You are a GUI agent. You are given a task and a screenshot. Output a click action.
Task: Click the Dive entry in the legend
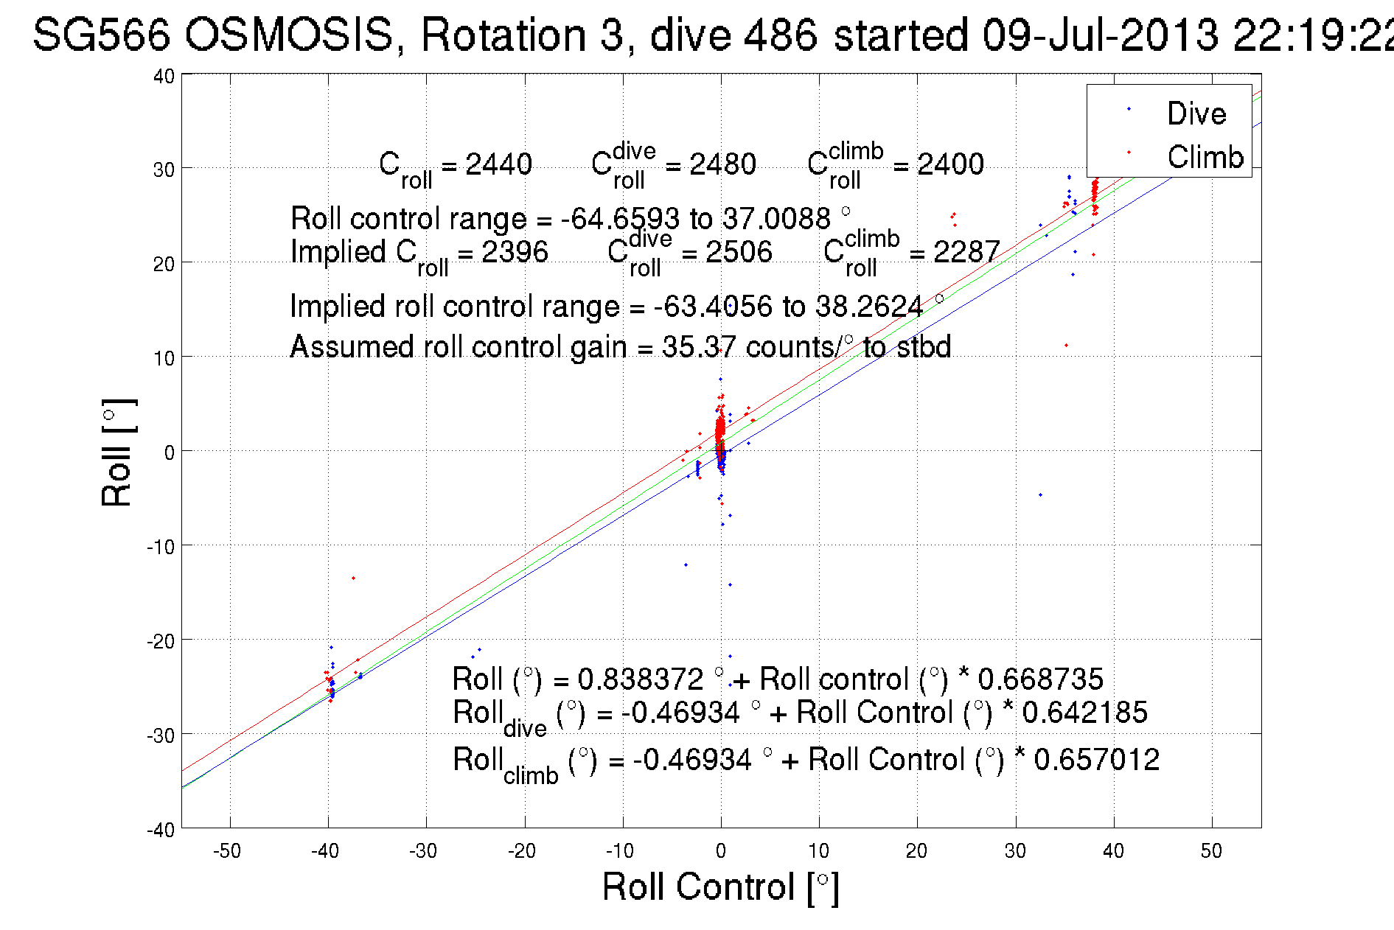click(1196, 113)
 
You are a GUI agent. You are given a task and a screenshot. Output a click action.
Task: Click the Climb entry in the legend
click(1205, 157)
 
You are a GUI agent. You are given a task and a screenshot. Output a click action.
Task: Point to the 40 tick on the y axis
click(164, 76)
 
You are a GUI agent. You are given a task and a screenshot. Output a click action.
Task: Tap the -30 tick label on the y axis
click(160, 735)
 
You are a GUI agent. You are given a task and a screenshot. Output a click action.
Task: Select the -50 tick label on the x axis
click(226, 851)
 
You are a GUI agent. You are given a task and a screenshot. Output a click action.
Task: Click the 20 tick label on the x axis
click(916, 851)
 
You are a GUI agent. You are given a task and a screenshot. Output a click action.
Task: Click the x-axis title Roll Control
click(719, 887)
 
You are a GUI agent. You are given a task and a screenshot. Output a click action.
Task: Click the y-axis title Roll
click(117, 453)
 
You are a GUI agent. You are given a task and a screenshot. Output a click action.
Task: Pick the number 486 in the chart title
click(780, 35)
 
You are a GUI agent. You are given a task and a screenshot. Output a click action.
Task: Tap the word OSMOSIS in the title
click(288, 35)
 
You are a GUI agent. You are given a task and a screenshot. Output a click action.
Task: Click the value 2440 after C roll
click(498, 164)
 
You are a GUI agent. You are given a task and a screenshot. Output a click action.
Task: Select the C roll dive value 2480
click(722, 164)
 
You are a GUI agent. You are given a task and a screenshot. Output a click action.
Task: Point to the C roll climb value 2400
click(949, 164)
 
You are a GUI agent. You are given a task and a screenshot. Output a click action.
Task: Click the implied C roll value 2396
click(515, 252)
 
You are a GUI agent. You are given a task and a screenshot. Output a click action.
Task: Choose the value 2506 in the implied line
click(738, 252)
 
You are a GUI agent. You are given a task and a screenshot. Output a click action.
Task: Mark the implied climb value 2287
click(966, 252)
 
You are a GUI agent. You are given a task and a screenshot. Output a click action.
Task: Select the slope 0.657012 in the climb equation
click(1096, 760)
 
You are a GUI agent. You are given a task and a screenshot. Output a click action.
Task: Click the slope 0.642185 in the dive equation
click(1084, 713)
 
